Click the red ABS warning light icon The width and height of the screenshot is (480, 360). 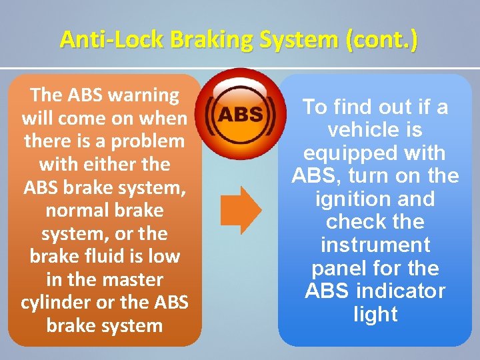[x=240, y=115]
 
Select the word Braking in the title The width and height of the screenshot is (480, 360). [x=194, y=40]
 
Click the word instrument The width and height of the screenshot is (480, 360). [x=376, y=245]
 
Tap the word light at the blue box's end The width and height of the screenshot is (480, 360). [x=376, y=315]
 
